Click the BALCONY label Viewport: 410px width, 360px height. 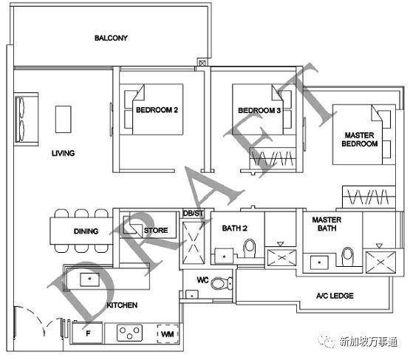(111, 38)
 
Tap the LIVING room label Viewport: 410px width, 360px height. (63, 153)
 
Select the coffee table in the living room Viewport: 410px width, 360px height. (63, 119)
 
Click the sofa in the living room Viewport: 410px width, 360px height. (26, 119)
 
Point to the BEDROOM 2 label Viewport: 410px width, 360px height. (157, 110)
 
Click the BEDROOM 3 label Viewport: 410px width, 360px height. (259, 110)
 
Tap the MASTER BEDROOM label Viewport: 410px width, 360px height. (360, 140)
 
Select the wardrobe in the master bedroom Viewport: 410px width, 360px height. (369, 197)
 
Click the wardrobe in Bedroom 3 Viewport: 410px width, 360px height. (273, 157)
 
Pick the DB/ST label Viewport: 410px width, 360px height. (194, 214)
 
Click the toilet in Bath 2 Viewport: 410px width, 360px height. (250, 248)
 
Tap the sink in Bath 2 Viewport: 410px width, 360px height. (224, 256)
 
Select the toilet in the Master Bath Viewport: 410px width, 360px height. (347, 257)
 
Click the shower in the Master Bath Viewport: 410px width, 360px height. (380, 262)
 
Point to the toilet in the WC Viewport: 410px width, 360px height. (221, 283)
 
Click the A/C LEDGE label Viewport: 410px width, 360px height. (335, 296)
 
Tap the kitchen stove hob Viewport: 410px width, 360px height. (130, 333)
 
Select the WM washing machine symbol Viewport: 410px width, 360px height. (168, 334)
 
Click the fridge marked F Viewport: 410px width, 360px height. (87, 333)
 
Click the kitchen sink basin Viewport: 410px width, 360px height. (89, 279)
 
